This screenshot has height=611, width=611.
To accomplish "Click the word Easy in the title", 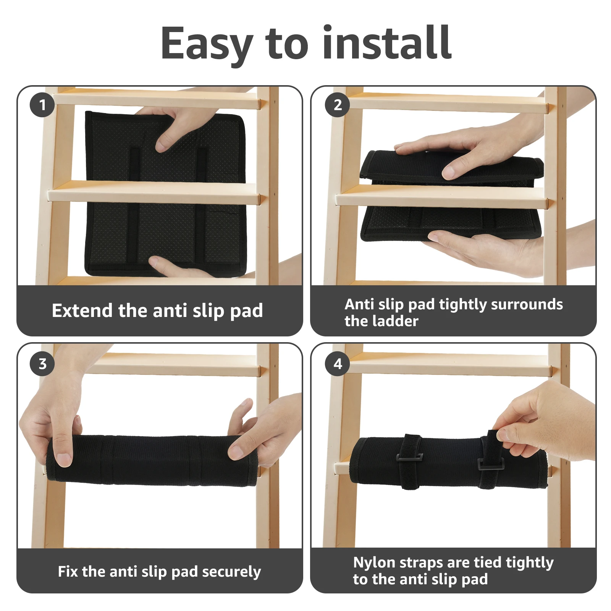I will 207,44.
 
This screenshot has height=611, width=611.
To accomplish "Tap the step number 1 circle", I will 42,105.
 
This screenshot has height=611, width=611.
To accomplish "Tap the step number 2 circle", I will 338,105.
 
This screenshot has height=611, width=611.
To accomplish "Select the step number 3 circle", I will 42,364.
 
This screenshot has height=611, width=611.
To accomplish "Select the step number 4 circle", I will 338,364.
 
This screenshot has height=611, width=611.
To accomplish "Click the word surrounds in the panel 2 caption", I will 527,304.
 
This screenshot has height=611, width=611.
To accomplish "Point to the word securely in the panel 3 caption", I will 231,572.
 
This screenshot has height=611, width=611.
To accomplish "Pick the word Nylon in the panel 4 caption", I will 374,563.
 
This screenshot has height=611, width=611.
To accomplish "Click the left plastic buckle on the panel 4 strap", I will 410,457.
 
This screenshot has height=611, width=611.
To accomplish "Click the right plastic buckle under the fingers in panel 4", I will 491,464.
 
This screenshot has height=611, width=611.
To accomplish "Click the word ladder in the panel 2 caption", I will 397,321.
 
